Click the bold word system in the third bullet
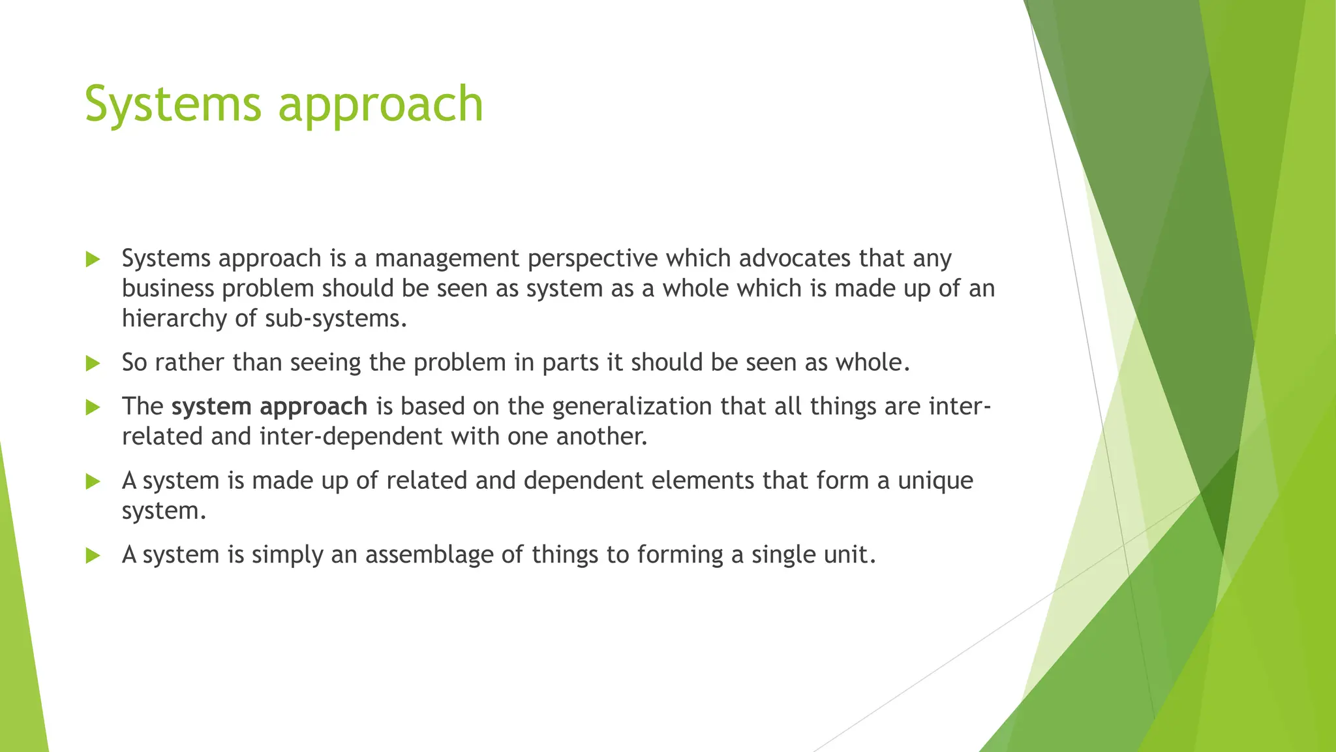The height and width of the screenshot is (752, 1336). click(211, 407)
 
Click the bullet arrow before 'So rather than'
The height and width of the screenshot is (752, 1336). click(93, 364)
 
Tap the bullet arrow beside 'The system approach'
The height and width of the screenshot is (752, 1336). click(93, 408)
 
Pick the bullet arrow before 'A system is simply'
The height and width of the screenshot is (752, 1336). click(93, 556)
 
